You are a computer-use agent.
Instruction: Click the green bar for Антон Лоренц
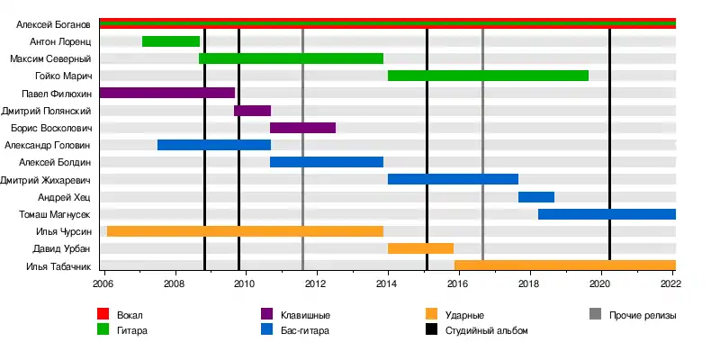pyautogui.click(x=171, y=41)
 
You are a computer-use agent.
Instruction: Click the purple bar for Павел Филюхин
pyautogui.click(x=166, y=93)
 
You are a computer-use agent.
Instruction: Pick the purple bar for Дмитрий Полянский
pyautogui.click(x=252, y=110)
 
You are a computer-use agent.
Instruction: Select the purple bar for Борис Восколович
pyautogui.click(x=302, y=127)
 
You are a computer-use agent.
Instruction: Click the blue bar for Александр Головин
pyautogui.click(x=213, y=144)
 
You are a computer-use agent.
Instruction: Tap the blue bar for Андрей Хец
pyautogui.click(x=536, y=196)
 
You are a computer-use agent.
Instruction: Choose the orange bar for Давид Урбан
pyautogui.click(x=420, y=247)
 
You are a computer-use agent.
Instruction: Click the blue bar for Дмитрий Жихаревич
pyautogui.click(x=453, y=179)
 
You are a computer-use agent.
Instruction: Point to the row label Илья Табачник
pyautogui.click(x=58, y=265)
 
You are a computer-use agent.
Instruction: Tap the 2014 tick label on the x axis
pyautogui.click(x=388, y=283)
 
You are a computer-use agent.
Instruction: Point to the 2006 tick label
pyautogui.click(x=103, y=283)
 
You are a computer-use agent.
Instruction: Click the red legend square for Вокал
pyautogui.click(x=103, y=314)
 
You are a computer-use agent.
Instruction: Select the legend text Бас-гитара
pyautogui.click(x=305, y=330)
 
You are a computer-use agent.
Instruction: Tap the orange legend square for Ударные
pyautogui.click(x=432, y=314)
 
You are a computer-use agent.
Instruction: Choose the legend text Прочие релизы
pyautogui.click(x=643, y=315)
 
